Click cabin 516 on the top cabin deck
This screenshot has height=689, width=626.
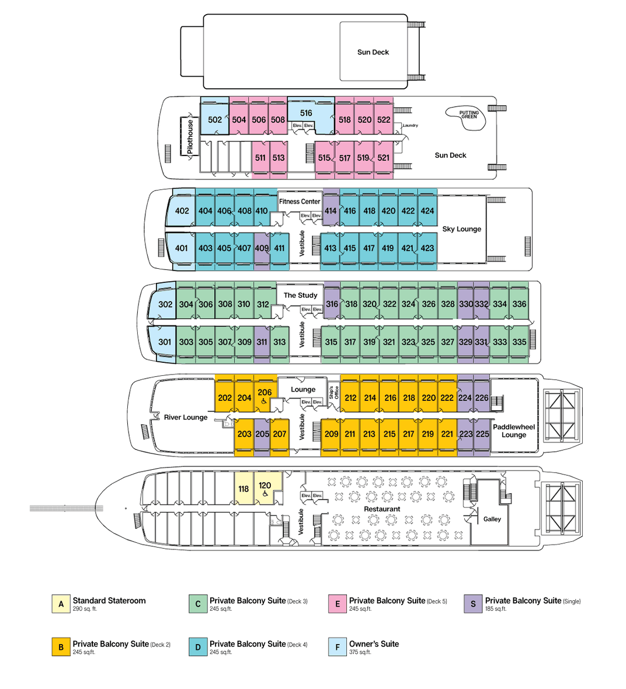click(306, 113)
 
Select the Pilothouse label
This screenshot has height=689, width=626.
click(190, 137)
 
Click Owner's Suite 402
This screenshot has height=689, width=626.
click(182, 211)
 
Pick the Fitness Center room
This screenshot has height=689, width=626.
click(300, 202)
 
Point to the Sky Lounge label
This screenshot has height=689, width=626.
click(461, 229)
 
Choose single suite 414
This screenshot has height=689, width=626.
click(331, 211)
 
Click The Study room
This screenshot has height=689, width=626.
click(300, 295)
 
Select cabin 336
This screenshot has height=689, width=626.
click(519, 304)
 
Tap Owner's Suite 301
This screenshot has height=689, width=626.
click(165, 342)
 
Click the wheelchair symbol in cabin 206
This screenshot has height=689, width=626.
click(265, 401)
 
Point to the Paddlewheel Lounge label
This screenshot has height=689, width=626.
click(513, 431)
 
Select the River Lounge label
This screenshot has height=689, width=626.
click(186, 417)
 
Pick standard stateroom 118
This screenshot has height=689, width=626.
click(244, 489)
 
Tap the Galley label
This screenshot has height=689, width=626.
click(492, 519)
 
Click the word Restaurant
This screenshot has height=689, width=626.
click(382, 509)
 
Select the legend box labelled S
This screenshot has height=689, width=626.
click(473, 604)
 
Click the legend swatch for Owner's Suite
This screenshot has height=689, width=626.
click(338, 647)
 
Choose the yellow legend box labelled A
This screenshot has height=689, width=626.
click(61, 604)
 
